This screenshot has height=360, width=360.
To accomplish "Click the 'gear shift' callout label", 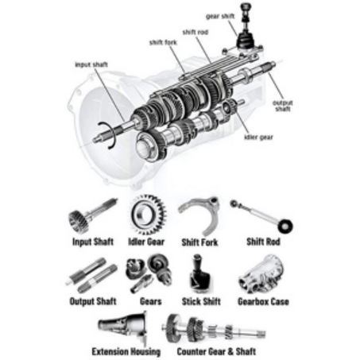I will click(220, 15).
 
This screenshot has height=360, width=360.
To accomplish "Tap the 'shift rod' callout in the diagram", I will click(195, 32).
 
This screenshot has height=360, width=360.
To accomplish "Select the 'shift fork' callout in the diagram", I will click(163, 42).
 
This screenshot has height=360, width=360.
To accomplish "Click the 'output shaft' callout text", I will click(283, 106).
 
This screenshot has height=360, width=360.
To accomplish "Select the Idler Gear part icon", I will click(146, 214).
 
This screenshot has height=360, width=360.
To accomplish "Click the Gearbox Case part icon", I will click(261, 274).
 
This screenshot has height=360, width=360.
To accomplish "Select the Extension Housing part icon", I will click(125, 327).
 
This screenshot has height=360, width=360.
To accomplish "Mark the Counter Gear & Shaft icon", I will click(208, 327).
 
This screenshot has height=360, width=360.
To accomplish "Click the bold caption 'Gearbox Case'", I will click(263, 302).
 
